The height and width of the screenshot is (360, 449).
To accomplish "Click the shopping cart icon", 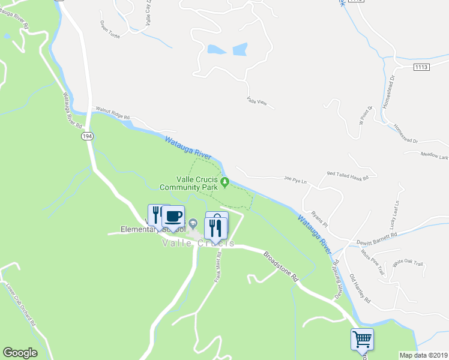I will [362, 339].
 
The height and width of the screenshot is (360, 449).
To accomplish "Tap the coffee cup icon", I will [173, 216].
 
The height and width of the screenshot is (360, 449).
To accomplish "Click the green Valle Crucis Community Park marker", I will [225, 182].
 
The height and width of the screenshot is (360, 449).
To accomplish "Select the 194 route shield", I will [88, 137].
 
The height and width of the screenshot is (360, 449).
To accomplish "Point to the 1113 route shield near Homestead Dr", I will [421, 68].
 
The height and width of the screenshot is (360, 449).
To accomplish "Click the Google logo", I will [20, 352].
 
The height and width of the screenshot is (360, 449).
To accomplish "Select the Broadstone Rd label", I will [281, 267].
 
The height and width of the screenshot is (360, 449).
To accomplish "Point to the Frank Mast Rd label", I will [218, 267].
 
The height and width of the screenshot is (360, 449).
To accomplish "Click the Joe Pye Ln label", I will [295, 179].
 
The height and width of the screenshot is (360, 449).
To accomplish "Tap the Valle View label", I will [257, 103].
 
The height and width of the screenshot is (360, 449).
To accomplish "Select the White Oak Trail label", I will [408, 263].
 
